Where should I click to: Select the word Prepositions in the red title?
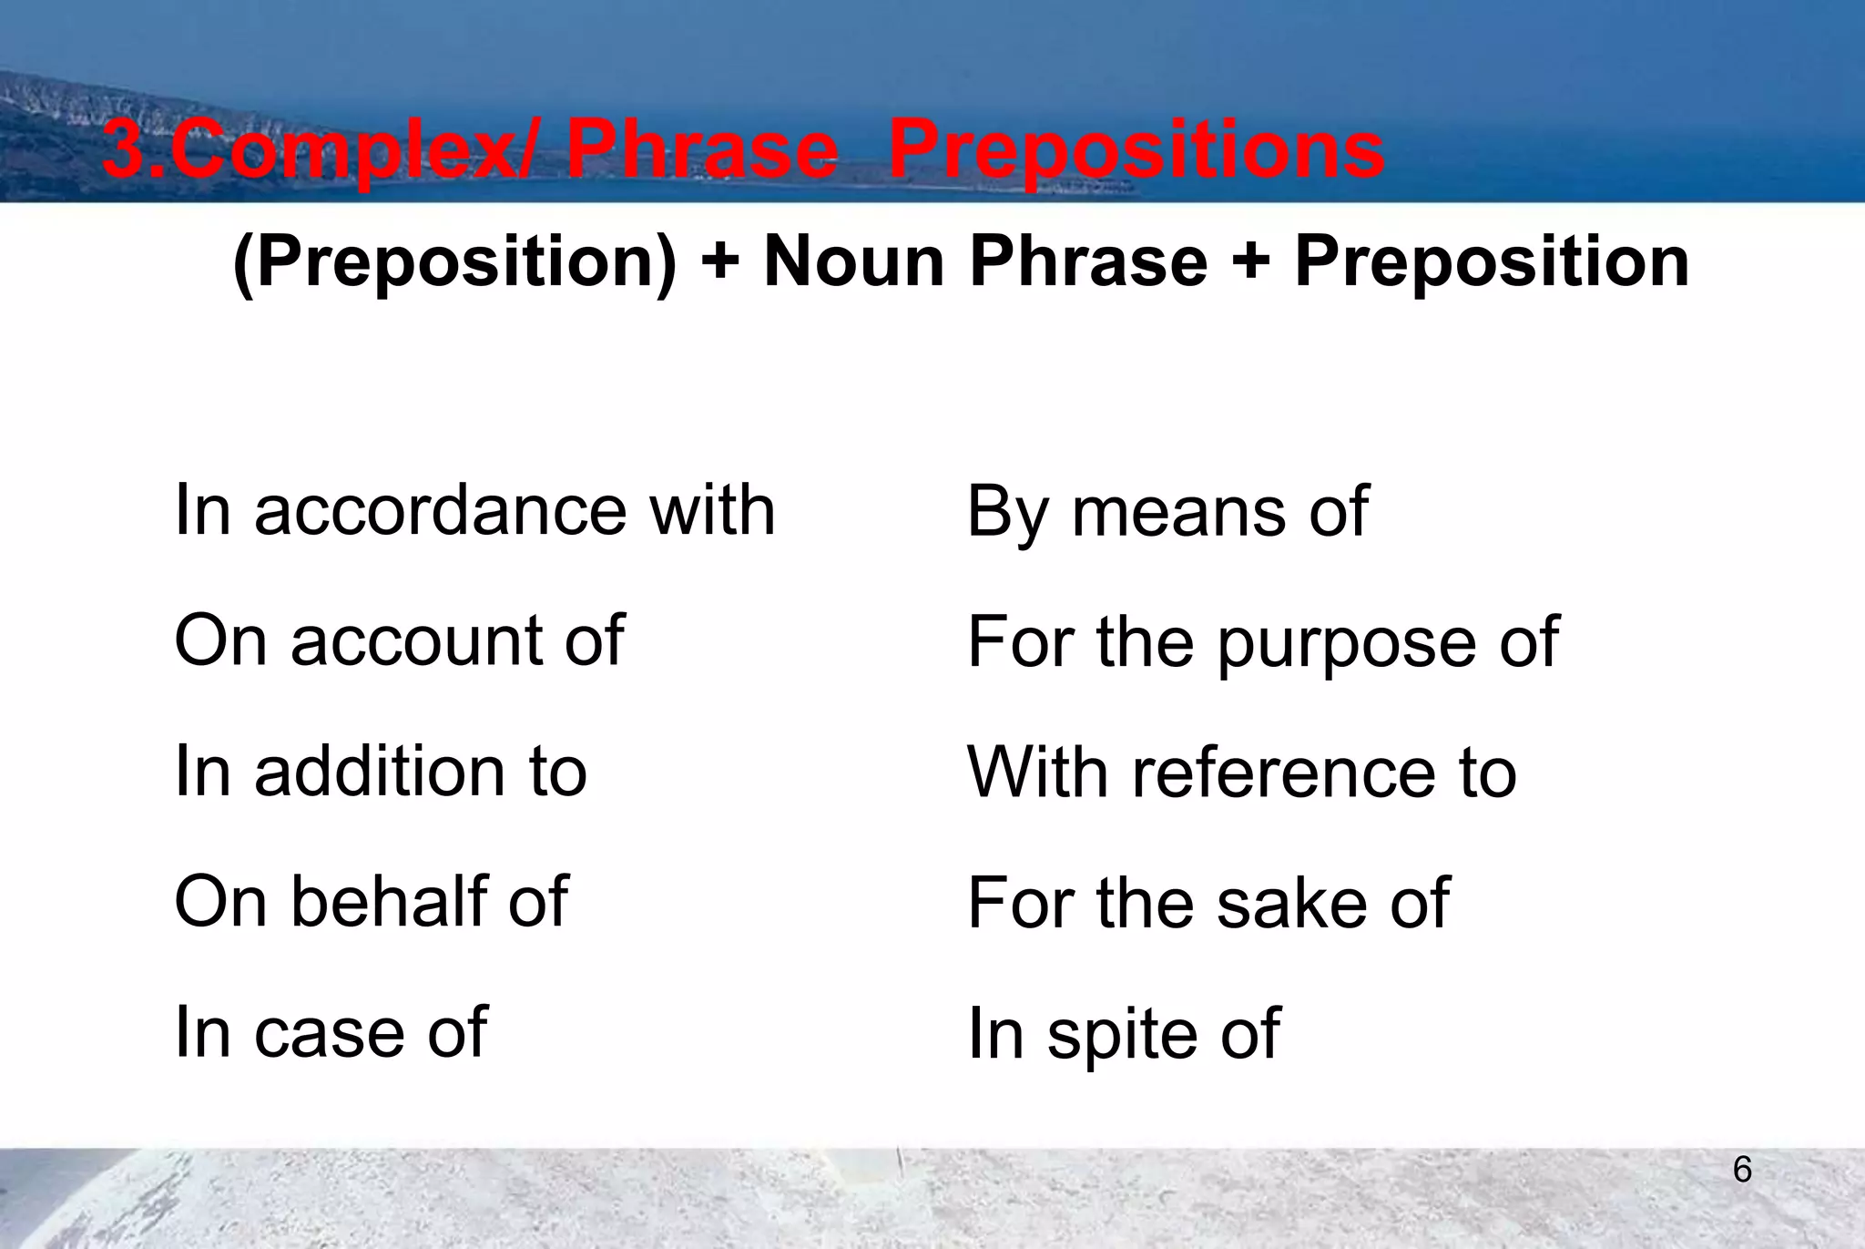point(1136,150)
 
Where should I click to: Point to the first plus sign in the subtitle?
point(720,262)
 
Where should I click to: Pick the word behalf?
point(390,902)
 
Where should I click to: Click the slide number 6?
point(1742,1170)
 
